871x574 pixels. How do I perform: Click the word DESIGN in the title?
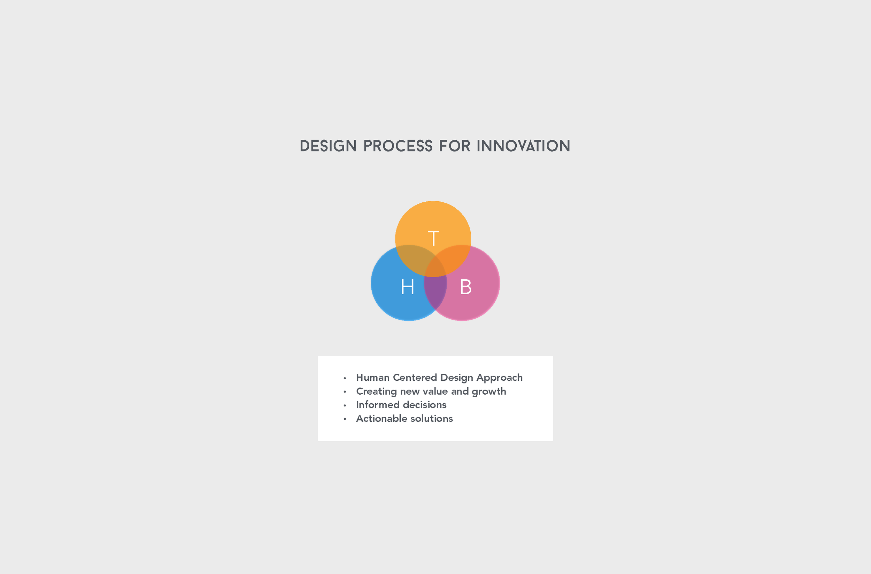coord(328,146)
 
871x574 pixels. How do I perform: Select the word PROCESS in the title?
coord(398,146)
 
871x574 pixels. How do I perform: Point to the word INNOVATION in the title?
coord(523,146)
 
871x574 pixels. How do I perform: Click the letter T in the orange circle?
coord(433,238)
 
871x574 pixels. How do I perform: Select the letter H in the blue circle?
coord(408,287)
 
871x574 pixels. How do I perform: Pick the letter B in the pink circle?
coord(465,287)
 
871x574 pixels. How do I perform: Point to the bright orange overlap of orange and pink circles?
coord(456,258)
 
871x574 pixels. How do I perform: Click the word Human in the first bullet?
coord(373,378)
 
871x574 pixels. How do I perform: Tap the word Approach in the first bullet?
coord(499,378)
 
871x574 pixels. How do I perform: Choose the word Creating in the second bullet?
coord(376,391)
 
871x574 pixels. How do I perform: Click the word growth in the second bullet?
coord(489,391)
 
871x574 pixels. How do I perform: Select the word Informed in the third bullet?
coord(377,404)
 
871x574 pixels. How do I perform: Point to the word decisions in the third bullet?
coord(425,404)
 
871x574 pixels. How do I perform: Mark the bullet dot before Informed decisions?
coord(345,405)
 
